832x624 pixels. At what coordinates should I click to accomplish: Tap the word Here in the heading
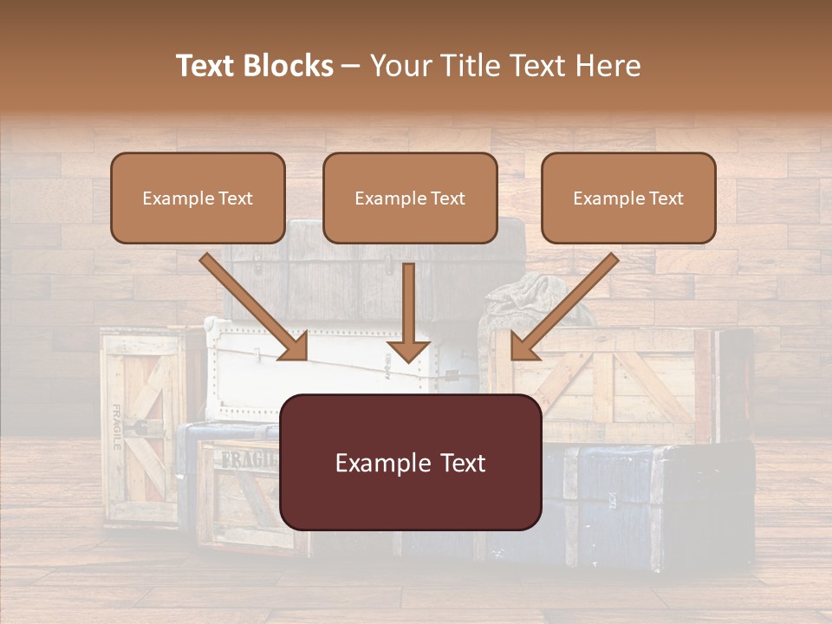coord(607,66)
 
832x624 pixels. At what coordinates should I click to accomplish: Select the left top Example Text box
coord(198,198)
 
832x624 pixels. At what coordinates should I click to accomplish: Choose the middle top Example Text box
coord(410,198)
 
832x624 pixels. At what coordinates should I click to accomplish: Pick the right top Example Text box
coord(628,198)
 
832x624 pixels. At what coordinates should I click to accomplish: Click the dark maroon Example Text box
coord(411,462)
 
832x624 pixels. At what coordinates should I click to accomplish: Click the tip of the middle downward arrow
coord(409,359)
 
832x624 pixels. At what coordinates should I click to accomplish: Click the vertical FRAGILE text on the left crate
coord(116,427)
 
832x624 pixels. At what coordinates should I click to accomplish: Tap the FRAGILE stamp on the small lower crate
coord(247,460)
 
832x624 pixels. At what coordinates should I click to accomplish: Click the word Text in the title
coord(207,66)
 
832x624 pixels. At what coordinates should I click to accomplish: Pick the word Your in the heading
coord(400,66)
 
